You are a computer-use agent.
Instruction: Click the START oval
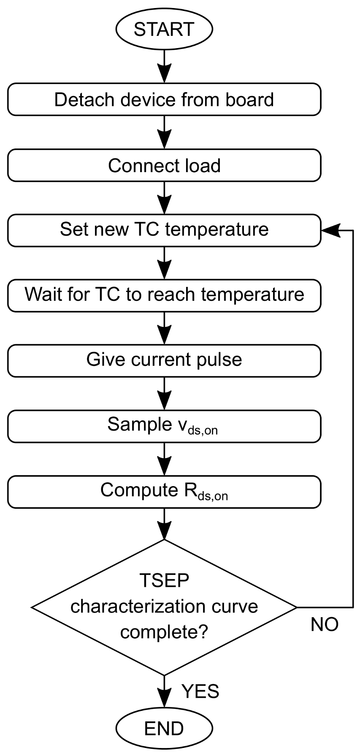164,30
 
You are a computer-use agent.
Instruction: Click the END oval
164,728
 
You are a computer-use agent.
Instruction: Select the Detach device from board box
164,100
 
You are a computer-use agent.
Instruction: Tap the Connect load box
164,165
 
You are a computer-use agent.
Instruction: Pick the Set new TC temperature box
164,229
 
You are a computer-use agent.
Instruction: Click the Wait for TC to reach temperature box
164,294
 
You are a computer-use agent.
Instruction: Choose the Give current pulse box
164,360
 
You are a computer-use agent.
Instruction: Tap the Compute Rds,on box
164,491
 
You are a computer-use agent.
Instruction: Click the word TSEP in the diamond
164,580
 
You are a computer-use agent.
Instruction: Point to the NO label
325,624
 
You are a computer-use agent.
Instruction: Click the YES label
200,691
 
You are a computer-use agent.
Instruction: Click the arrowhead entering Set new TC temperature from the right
330,230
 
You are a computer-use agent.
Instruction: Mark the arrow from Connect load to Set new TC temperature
164,197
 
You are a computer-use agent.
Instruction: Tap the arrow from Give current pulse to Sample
164,393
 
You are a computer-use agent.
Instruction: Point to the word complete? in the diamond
164,632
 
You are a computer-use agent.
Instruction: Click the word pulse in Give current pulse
222,360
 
